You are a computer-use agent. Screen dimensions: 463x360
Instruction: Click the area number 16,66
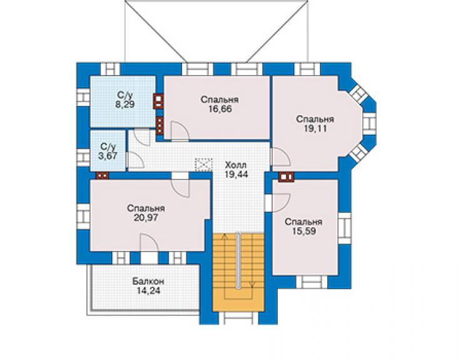(x=220, y=109)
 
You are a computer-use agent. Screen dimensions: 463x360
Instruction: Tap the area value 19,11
(x=315, y=128)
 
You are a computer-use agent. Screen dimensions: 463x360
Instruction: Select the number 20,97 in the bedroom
(x=146, y=218)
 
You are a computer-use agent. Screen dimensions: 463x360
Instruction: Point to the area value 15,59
(x=303, y=231)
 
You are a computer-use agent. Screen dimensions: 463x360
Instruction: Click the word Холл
(x=235, y=165)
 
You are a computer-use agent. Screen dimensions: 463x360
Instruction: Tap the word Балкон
(x=148, y=280)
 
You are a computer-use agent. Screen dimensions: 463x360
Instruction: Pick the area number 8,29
(x=125, y=105)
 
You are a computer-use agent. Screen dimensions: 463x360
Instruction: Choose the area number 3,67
(x=108, y=156)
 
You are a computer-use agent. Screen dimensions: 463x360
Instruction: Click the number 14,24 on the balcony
(x=148, y=291)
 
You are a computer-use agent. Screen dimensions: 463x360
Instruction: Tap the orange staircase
(x=238, y=272)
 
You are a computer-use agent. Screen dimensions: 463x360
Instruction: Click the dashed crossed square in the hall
(x=204, y=165)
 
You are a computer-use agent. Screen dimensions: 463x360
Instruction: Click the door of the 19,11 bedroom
(x=281, y=157)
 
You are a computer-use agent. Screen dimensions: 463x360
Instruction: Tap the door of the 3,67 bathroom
(x=135, y=160)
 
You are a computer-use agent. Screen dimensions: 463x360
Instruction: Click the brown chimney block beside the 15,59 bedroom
(x=286, y=177)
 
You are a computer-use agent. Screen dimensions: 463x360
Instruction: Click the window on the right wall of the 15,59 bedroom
(x=345, y=228)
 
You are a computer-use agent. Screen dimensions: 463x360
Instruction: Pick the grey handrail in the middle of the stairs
(x=238, y=260)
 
